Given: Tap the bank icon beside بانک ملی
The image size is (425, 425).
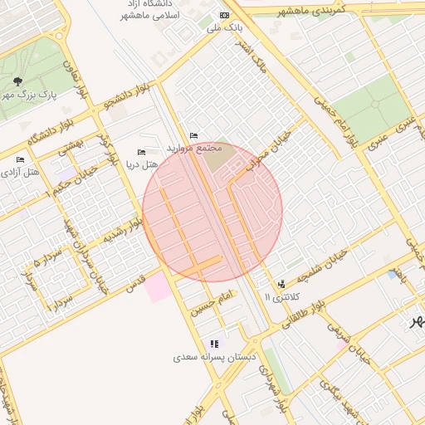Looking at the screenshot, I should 222,16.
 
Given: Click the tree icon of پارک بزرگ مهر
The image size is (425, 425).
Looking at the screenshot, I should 17,81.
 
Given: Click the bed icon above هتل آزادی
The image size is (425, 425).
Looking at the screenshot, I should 20,159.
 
